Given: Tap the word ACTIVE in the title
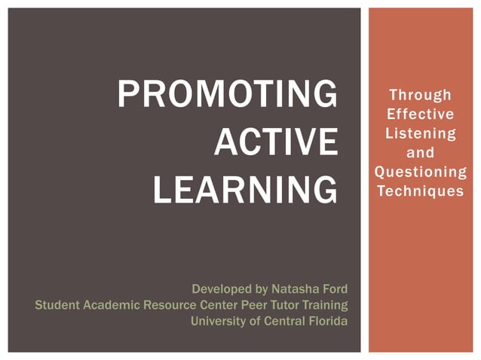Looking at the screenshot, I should (275, 143).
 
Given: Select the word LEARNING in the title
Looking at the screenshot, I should (245, 191).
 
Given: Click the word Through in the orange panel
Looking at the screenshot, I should (420, 95).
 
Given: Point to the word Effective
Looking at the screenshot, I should (420, 114).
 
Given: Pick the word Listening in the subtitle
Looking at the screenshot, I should (420, 134).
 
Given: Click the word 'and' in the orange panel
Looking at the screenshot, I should (420, 153).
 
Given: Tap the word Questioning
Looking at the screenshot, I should (420, 172).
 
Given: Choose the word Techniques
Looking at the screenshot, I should (420, 191).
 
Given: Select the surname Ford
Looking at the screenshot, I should (334, 289).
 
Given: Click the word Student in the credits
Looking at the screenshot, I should (56, 305).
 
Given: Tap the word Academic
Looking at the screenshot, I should (108, 305).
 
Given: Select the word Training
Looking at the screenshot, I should (325, 305).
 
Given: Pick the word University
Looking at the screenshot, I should (219, 322).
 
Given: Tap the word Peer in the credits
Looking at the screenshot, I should (250, 305).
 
